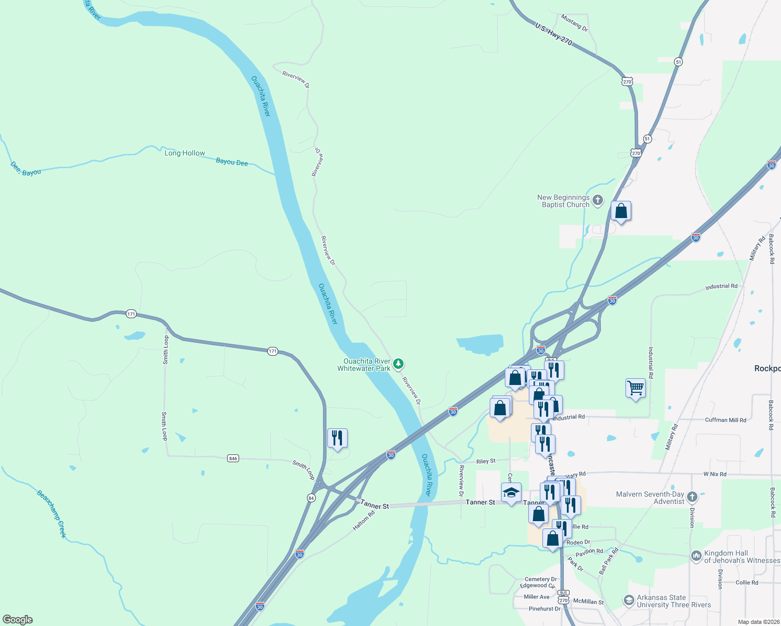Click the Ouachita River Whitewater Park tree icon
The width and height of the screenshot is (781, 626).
tap(398, 364)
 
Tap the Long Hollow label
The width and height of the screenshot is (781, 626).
tap(185, 153)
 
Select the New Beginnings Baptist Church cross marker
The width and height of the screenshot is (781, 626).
tap(598, 200)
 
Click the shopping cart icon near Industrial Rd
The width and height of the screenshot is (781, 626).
tap(635, 388)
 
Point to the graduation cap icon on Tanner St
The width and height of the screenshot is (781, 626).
tap(511, 492)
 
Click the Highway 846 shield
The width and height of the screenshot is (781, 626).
tap(233, 459)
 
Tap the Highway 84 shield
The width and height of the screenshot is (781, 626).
tap(311, 498)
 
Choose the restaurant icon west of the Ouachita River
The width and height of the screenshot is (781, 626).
tap(337, 438)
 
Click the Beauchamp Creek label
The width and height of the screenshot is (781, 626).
tap(52, 513)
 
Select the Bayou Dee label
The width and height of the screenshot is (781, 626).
tap(232, 162)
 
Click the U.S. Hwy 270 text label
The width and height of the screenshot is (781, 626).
tap(553, 33)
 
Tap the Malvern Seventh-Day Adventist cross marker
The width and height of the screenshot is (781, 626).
tap(692, 496)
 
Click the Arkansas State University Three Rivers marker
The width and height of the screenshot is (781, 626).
tap(629, 600)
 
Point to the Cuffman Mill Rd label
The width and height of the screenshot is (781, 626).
tap(725, 420)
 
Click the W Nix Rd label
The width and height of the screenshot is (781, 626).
tap(715, 474)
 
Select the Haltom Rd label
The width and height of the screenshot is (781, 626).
tap(363, 521)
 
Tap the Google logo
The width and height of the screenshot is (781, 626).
tap(18, 620)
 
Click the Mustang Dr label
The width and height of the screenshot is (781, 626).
tap(574, 22)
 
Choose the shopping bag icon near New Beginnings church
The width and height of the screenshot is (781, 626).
tap(621, 211)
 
